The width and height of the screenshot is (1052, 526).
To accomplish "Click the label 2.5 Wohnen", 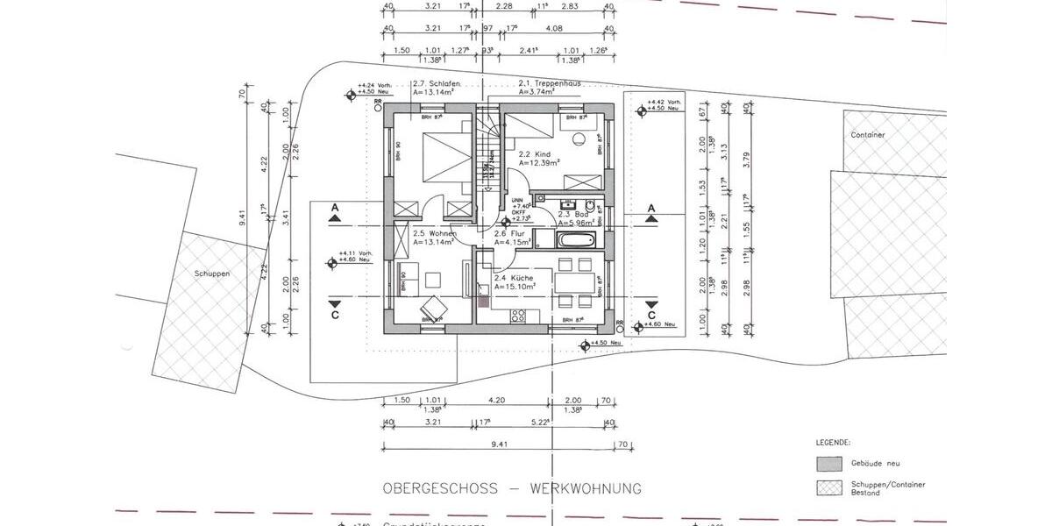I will point(430,233).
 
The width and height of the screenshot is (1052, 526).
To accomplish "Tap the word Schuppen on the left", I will point(212,274).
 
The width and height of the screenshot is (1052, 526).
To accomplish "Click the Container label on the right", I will point(867,135).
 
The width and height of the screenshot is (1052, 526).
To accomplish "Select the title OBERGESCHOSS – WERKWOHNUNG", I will point(512,488).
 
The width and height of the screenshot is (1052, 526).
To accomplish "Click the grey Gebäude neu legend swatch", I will point(828,463).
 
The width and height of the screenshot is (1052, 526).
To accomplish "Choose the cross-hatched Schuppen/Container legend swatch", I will point(828,487).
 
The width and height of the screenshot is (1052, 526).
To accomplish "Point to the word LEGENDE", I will point(834,443).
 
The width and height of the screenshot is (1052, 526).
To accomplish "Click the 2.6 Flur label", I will point(513,234).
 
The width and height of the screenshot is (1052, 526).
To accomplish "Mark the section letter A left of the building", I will point(334,208).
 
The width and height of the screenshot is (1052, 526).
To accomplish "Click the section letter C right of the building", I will point(651,315).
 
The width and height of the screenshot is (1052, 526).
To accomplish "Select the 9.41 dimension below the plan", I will point(500,444).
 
